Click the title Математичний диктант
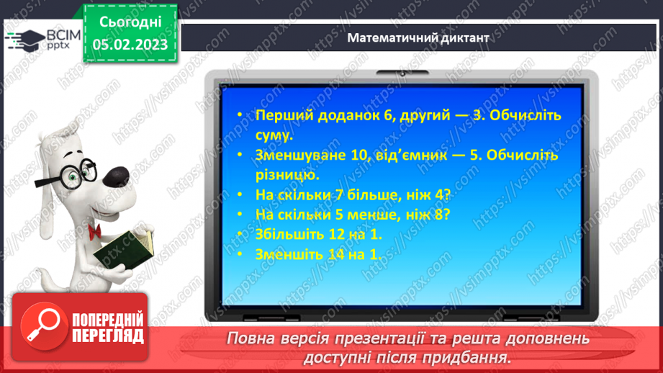pyautogui.click(x=418, y=38)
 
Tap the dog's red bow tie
pyautogui.click(x=94, y=230)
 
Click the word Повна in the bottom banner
pyautogui.click(x=250, y=338)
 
